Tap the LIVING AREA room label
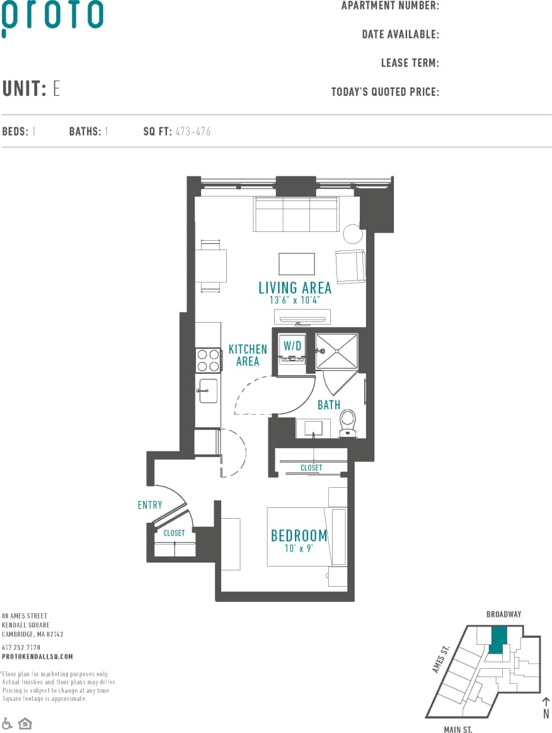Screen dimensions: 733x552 tap(295, 288)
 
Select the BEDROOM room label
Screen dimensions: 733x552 tap(299, 536)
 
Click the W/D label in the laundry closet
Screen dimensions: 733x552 tap(292, 345)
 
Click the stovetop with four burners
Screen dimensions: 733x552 tap(208, 360)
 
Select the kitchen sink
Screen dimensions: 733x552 tap(208, 391)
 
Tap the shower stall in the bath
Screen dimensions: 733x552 tap(336, 351)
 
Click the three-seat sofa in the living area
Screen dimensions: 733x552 tap(296, 214)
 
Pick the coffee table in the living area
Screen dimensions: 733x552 tap(297, 264)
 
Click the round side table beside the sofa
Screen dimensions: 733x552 tap(353, 234)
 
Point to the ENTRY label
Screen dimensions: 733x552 tap(150, 505)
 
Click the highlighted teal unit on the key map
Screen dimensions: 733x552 tap(498, 639)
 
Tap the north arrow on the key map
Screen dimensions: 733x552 tap(546, 705)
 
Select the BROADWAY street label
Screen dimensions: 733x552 tap(503, 614)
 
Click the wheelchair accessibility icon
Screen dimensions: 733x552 tap(7, 723)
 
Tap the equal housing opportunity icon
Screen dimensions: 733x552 tap(25, 723)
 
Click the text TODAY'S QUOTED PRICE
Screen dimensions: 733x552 tap(385, 92)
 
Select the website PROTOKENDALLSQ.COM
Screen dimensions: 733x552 tap(37, 656)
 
